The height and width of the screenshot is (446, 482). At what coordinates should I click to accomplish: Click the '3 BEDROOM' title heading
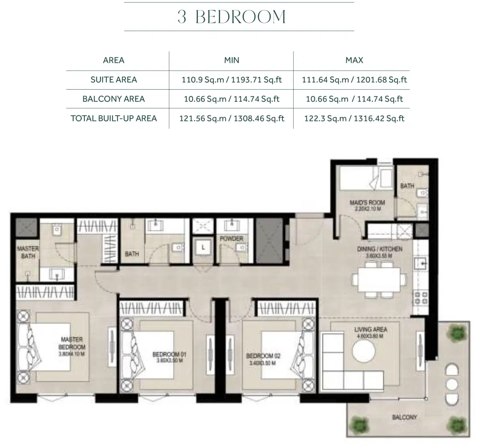[x=232, y=17]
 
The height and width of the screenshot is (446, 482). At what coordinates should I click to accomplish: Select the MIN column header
[x=231, y=60]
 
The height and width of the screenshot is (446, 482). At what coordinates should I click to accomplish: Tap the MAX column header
[x=354, y=60]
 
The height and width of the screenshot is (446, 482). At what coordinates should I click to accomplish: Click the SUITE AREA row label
[x=114, y=80]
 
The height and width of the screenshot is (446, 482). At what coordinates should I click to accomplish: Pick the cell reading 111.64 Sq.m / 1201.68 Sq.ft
[x=354, y=80]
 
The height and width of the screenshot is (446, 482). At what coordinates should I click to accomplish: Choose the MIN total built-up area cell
[x=231, y=118]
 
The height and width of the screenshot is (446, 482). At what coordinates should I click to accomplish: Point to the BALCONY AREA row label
[x=114, y=99]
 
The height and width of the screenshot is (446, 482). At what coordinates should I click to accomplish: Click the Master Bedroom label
[x=72, y=343]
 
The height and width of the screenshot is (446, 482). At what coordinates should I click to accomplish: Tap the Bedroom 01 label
[x=169, y=354]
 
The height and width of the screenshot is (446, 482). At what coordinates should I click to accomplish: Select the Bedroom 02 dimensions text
[x=263, y=363]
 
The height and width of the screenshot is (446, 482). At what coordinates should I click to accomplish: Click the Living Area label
[x=370, y=329]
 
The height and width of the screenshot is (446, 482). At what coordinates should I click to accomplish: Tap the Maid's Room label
[x=367, y=203]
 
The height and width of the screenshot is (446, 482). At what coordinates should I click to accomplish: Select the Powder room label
[x=231, y=239]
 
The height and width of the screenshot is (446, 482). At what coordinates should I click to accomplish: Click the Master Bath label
[x=28, y=252]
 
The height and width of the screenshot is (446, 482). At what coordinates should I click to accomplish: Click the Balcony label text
[x=404, y=417]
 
